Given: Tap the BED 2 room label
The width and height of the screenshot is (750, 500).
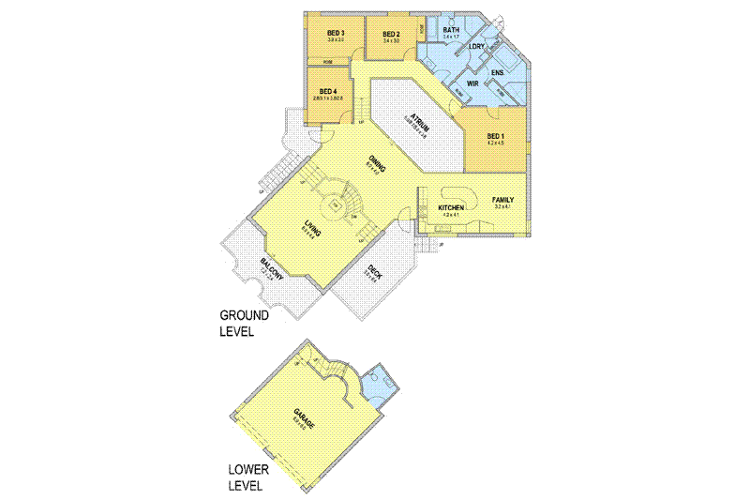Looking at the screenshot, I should pos(391,34).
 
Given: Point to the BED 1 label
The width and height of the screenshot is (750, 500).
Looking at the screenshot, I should pos(496,137).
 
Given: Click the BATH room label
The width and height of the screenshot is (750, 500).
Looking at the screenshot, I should pos(451,30).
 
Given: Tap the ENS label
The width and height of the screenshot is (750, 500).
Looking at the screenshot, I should pos(497,72).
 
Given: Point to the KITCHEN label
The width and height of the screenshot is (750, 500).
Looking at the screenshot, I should pos(452,207).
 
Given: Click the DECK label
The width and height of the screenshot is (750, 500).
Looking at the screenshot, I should pos(374,273).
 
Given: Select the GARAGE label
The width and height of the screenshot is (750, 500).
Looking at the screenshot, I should pos(302,419).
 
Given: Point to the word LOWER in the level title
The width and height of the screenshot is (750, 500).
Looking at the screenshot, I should pos(252,470).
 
